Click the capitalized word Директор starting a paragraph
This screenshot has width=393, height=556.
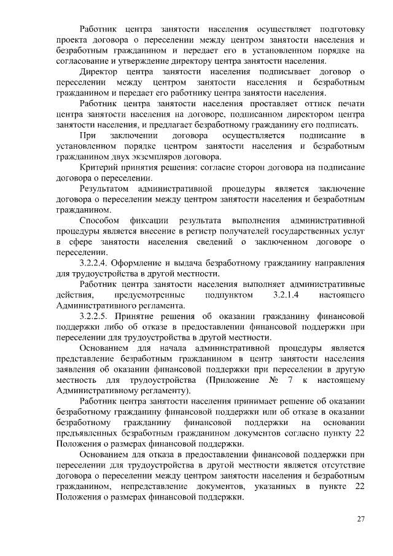[99, 72]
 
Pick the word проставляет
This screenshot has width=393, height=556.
[257, 103]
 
